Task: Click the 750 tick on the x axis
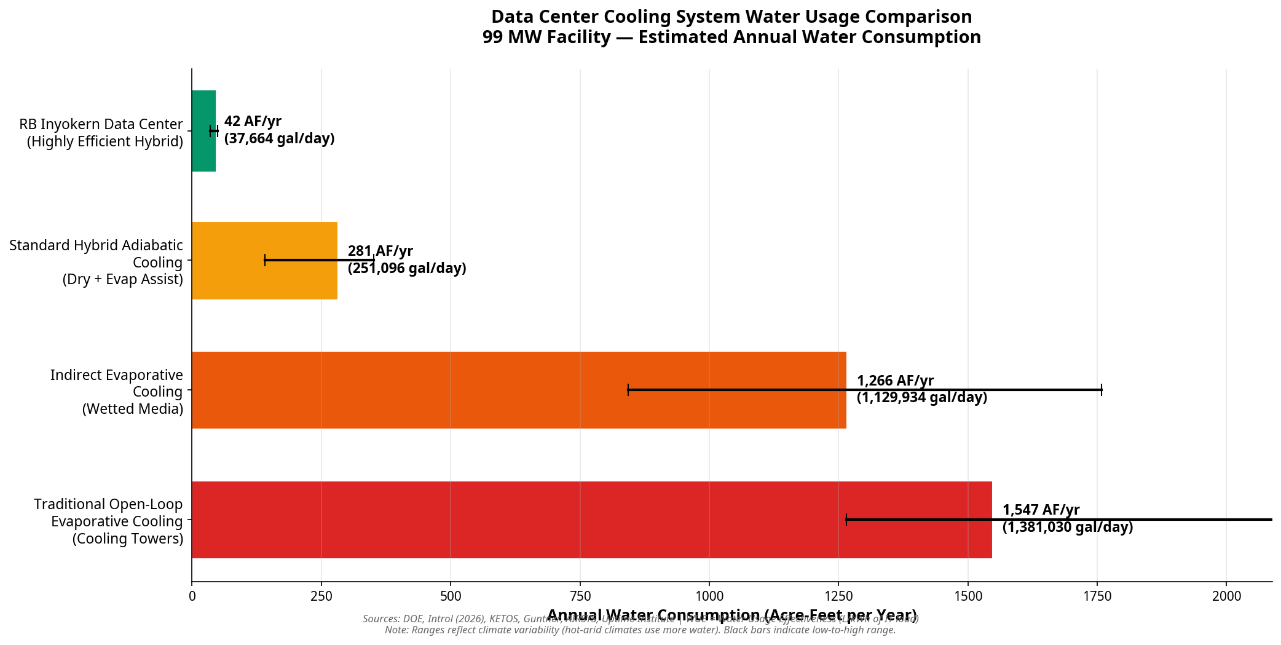tap(580, 596)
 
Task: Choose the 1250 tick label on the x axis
tap(838, 596)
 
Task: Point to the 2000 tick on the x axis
tap(1226, 596)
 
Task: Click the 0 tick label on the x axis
tap(192, 596)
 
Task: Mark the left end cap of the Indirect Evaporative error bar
tap(628, 390)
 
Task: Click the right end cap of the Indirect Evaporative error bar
tap(1102, 390)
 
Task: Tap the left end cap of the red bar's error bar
tap(846, 520)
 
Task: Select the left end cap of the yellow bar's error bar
tap(265, 260)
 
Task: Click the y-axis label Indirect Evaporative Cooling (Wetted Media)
tap(117, 392)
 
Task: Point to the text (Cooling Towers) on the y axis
tap(128, 539)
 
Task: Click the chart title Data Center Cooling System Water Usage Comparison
tap(731, 17)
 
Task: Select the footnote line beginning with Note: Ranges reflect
tap(640, 630)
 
